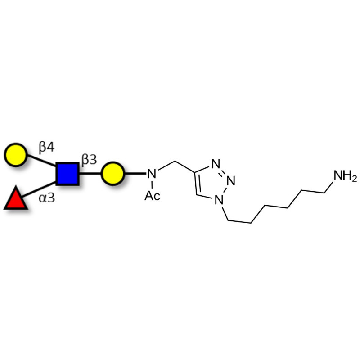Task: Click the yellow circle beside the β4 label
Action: pos(16,155)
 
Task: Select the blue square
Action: pos(67,174)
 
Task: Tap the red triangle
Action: pos(16,198)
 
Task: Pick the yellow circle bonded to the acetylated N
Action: pos(113,174)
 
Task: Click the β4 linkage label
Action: pos(47,147)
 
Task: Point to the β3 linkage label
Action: pos(89,159)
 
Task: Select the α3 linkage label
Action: pos(47,198)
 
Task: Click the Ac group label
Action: pos(153,196)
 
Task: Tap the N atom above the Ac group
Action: pos(152,174)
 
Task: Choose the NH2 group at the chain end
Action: pos(345,176)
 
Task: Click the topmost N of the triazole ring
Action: pos(216,164)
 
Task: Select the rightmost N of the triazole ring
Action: pos(231,181)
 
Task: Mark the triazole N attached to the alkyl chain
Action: pos(219,200)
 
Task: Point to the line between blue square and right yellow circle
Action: pos(90,174)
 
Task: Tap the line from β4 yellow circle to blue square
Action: pos(41,161)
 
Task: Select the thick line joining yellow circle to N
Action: pos(135,174)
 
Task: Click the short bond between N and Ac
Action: pos(152,184)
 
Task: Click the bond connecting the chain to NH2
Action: pos(328,187)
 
